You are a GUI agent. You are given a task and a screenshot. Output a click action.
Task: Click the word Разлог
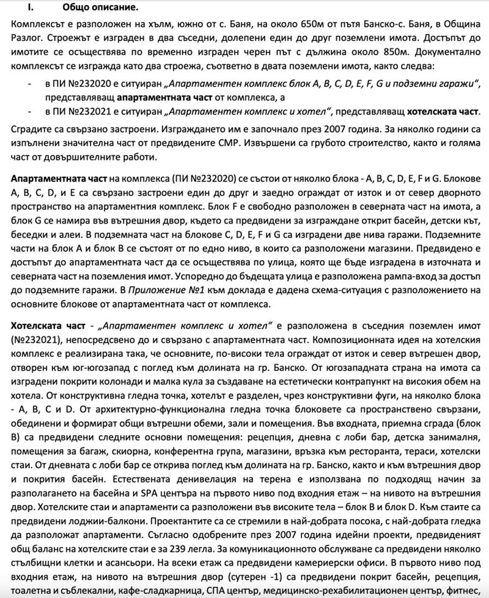point(26,39)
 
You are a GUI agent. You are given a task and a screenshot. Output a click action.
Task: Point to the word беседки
point(30,236)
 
